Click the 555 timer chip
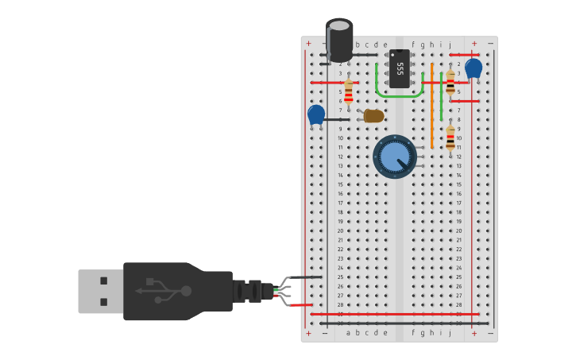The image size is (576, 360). click(400, 68)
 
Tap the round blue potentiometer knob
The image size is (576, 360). click(395, 157)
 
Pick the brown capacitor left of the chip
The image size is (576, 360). click(373, 116)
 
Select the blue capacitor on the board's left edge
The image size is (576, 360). click(316, 114)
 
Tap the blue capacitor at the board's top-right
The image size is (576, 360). click(474, 68)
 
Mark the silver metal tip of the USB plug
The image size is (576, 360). click(100, 292)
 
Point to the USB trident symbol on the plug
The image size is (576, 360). click(164, 291)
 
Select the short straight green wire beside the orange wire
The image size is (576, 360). click(441, 96)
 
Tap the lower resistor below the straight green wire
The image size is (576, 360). click(450, 137)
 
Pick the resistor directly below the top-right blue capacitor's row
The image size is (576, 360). click(450, 82)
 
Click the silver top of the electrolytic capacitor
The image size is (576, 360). click(340, 25)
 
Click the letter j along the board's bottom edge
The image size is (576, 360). click(450, 333)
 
